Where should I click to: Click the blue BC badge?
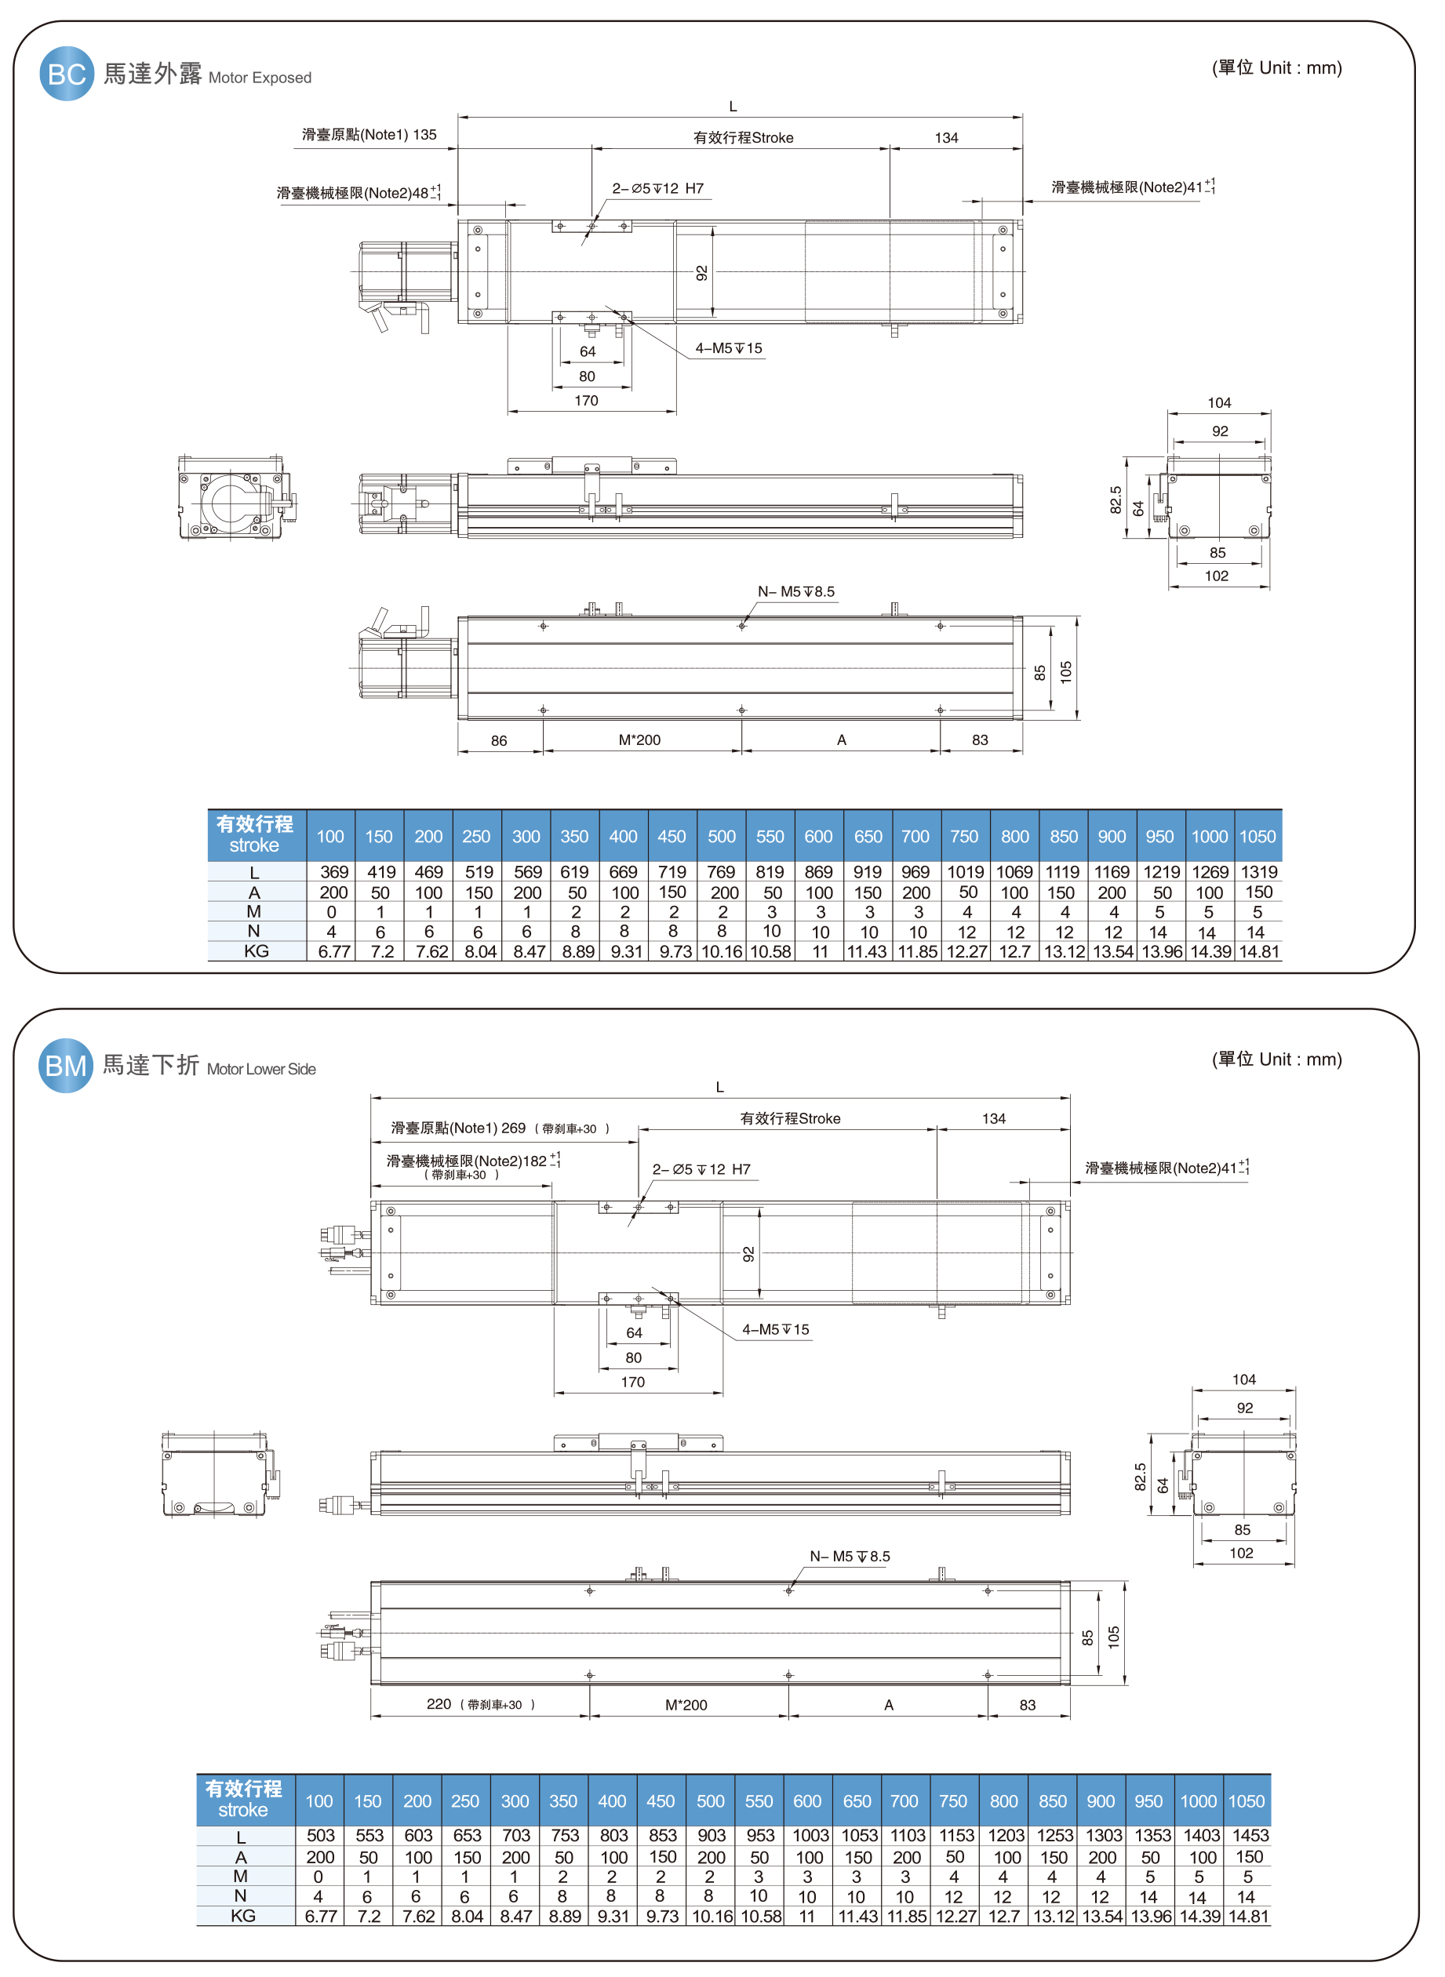pyautogui.click(x=67, y=74)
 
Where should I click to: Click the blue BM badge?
pyautogui.click(x=66, y=1065)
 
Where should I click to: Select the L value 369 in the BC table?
pyautogui.click(x=333, y=872)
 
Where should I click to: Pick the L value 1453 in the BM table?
pyautogui.click(x=1250, y=1835)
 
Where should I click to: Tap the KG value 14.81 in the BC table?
pyautogui.click(x=1259, y=951)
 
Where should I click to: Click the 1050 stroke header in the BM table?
pyautogui.click(x=1246, y=1801)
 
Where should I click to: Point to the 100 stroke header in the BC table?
pyautogui.click(x=329, y=836)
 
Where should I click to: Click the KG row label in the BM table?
pyautogui.click(x=243, y=1916)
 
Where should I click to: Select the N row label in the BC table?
pyautogui.click(x=253, y=931)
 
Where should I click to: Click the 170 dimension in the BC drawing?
pyautogui.click(x=586, y=401)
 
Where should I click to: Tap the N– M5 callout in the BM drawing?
pyautogui.click(x=849, y=1557)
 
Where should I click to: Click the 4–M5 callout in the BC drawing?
pyautogui.click(x=729, y=348)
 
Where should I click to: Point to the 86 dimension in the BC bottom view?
pyautogui.click(x=499, y=740)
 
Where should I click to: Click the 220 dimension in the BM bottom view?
pyautogui.click(x=439, y=1704)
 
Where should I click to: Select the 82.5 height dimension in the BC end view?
pyautogui.click(x=1116, y=500)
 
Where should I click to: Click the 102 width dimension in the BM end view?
pyautogui.click(x=1240, y=1553)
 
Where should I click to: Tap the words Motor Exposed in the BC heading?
pyautogui.click(x=260, y=78)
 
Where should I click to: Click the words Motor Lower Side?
pyautogui.click(x=261, y=1070)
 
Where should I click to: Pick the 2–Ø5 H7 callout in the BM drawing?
pyautogui.click(x=701, y=1169)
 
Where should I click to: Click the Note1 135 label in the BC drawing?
pyautogui.click(x=369, y=135)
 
